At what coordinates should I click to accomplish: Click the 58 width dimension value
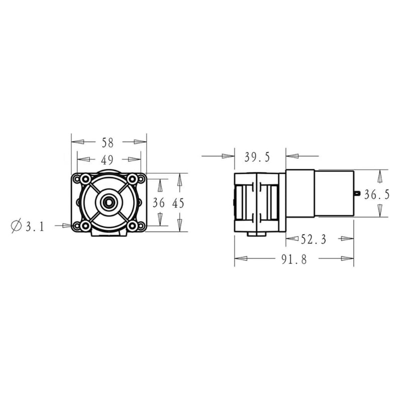tap(108, 143)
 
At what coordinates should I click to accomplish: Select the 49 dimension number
tap(107, 160)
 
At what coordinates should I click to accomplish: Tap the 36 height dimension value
tap(158, 203)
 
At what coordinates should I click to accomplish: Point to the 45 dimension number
tap(178, 204)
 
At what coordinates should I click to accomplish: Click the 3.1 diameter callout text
tap(35, 227)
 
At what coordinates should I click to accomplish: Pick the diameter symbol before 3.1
tap(16, 226)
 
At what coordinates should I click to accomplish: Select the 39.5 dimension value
tap(257, 157)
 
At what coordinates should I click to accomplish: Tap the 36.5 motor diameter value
tap(377, 195)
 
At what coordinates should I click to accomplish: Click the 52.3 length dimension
tap(313, 240)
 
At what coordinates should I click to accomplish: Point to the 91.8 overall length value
tap(294, 259)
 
